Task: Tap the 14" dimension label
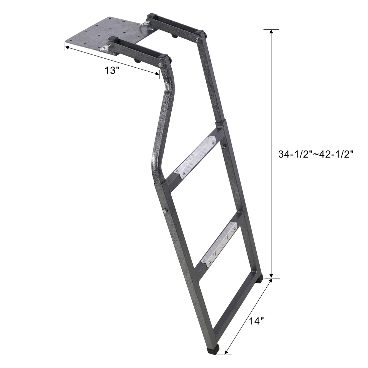[x=257, y=321]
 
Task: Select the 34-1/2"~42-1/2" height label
[x=316, y=154]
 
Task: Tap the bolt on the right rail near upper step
[x=224, y=146]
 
